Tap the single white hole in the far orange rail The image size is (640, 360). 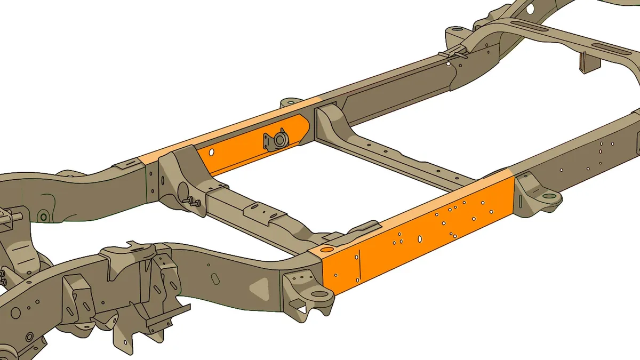coord(211,153)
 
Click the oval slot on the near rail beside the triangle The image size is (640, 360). coord(214,278)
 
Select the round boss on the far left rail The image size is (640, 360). coord(43,217)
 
